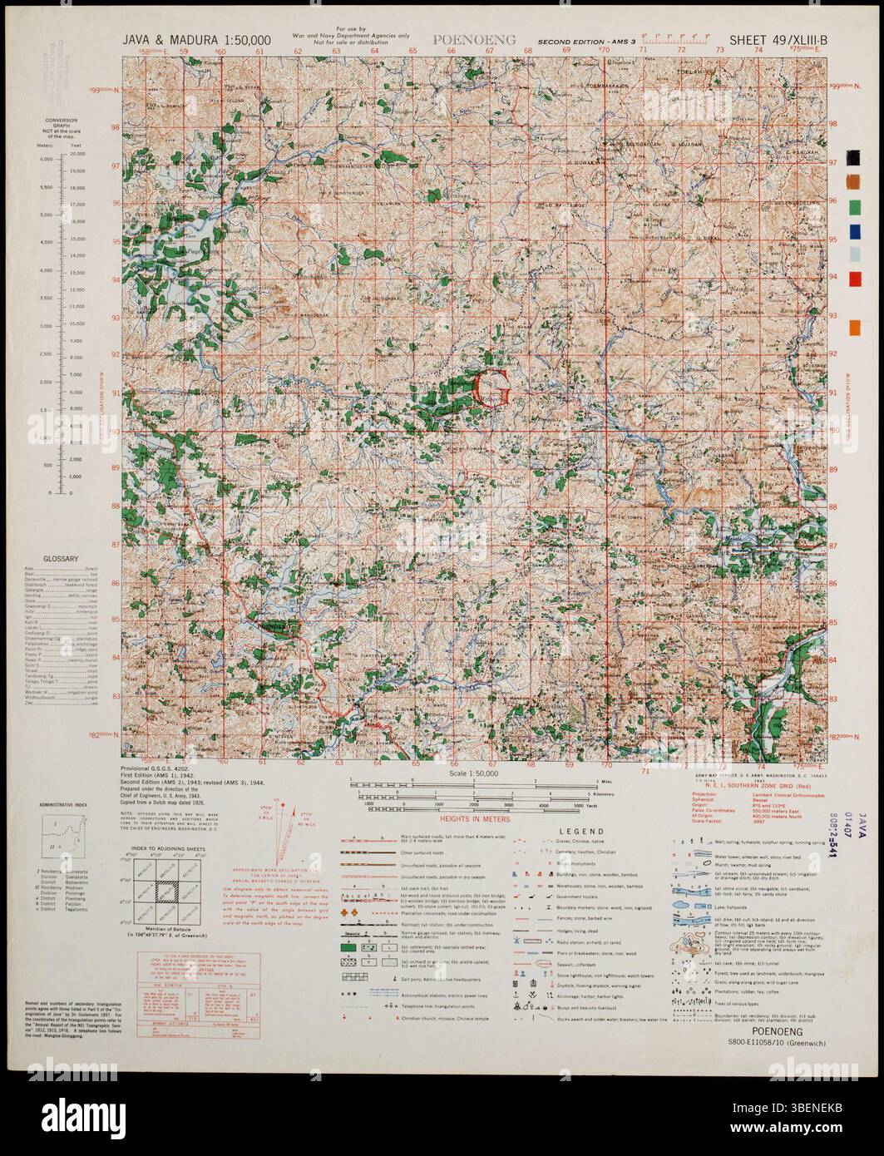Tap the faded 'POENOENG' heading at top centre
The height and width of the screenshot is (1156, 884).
tap(475, 39)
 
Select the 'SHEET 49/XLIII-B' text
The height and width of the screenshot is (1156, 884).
tap(778, 39)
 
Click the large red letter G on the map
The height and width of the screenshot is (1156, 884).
tap(491, 388)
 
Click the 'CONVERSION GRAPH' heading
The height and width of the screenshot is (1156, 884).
tap(62, 131)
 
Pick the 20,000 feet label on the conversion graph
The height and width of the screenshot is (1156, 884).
tap(78, 155)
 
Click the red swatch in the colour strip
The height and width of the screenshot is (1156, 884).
tap(854, 278)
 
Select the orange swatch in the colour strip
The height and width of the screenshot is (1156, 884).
tap(854, 329)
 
